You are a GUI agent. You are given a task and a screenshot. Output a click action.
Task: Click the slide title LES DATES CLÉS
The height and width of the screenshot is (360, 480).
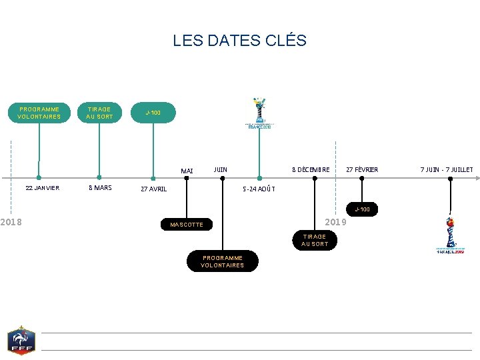click(239, 40)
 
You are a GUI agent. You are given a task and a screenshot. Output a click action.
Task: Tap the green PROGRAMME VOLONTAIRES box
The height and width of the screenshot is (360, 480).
click(39, 113)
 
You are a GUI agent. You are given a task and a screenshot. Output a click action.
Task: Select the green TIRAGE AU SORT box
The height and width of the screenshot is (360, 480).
click(99, 113)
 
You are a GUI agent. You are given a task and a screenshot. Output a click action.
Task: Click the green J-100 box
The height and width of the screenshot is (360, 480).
click(153, 113)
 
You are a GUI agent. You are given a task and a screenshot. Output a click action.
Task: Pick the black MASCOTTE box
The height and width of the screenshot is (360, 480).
click(187, 225)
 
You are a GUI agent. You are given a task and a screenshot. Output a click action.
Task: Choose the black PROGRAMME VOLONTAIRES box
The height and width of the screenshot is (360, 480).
click(223, 261)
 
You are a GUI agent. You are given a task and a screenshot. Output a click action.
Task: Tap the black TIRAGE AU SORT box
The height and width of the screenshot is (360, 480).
click(315, 240)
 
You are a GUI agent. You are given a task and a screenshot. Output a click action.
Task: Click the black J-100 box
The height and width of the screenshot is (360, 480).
click(363, 210)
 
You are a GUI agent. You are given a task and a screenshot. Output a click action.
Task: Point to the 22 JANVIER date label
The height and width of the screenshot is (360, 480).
click(42, 188)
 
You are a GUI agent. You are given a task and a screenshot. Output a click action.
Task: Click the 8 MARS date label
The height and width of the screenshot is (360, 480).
click(100, 188)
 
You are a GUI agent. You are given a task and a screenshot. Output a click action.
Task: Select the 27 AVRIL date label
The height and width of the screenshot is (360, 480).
click(154, 189)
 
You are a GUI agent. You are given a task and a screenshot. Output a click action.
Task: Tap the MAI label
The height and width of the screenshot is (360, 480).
click(187, 171)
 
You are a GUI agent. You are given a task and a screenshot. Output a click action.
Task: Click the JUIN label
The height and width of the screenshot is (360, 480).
click(220, 170)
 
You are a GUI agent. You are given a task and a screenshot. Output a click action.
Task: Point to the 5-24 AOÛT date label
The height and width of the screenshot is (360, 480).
click(258, 189)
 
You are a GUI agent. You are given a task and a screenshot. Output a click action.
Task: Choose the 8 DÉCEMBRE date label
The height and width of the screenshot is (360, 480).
click(311, 170)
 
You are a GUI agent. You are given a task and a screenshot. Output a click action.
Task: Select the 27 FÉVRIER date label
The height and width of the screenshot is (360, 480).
click(362, 170)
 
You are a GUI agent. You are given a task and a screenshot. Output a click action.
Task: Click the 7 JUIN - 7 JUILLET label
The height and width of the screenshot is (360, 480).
click(447, 170)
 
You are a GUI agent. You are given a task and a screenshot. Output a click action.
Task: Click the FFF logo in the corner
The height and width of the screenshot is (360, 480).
click(21, 341)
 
